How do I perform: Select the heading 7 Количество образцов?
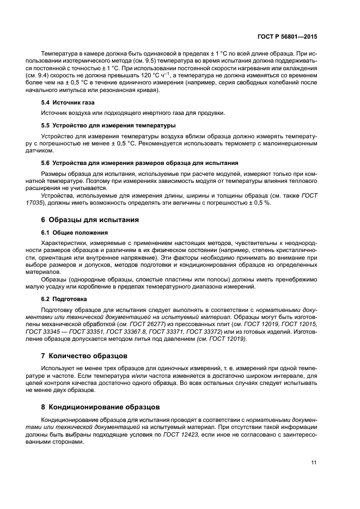[x=84, y=355]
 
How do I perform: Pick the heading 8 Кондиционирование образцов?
[x=101, y=406]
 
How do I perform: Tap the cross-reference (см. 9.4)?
[x=53, y=75]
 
